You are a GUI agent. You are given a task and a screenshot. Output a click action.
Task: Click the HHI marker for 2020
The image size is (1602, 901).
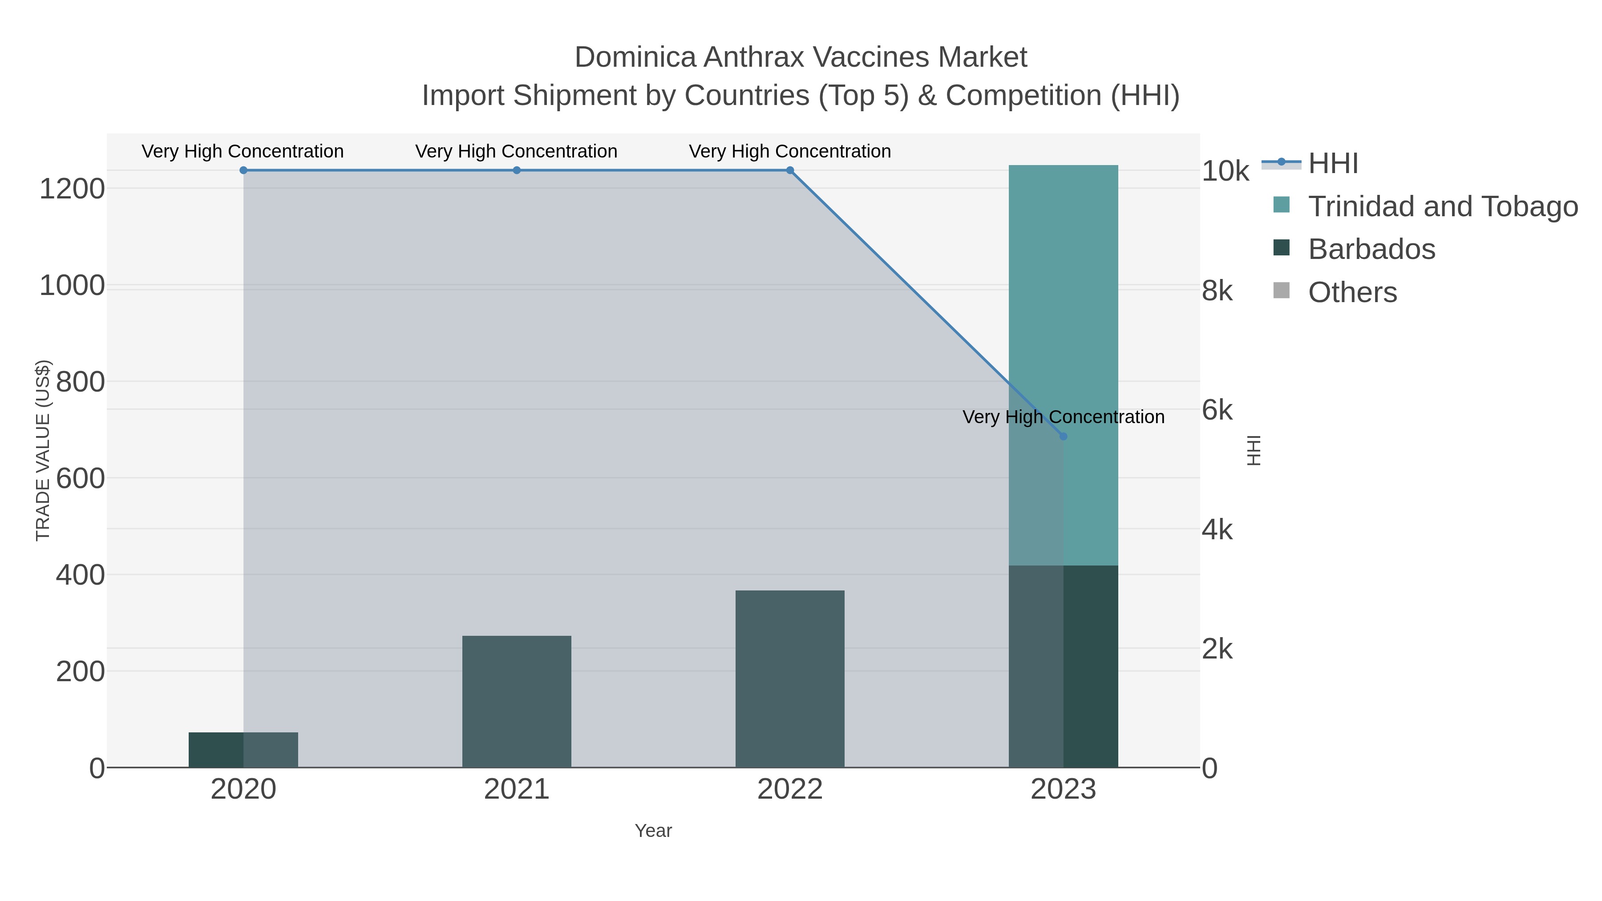pos(243,170)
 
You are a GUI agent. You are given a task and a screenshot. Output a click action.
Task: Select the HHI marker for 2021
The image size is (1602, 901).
pos(517,170)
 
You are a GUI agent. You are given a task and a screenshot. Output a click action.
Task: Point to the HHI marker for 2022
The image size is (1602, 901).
pos(790,170)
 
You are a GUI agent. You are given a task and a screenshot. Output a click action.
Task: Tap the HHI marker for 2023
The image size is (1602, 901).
pos(1064,436)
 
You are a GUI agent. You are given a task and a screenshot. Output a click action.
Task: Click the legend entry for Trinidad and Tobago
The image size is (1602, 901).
pos(1443,206)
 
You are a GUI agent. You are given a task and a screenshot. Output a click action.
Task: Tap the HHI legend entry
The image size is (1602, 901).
pos(1333,164)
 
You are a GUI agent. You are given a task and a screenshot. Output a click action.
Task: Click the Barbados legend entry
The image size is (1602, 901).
pos(1371,249)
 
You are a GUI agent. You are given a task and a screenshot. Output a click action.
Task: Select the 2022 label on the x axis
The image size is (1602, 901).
pos(790,790)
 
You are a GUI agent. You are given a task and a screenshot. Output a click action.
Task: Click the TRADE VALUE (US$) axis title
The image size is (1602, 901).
pos(43,450)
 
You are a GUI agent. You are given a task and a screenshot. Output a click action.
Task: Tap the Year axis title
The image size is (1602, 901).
pos(653,831)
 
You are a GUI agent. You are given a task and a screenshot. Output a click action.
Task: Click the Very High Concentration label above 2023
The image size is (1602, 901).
pos(1064,417)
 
